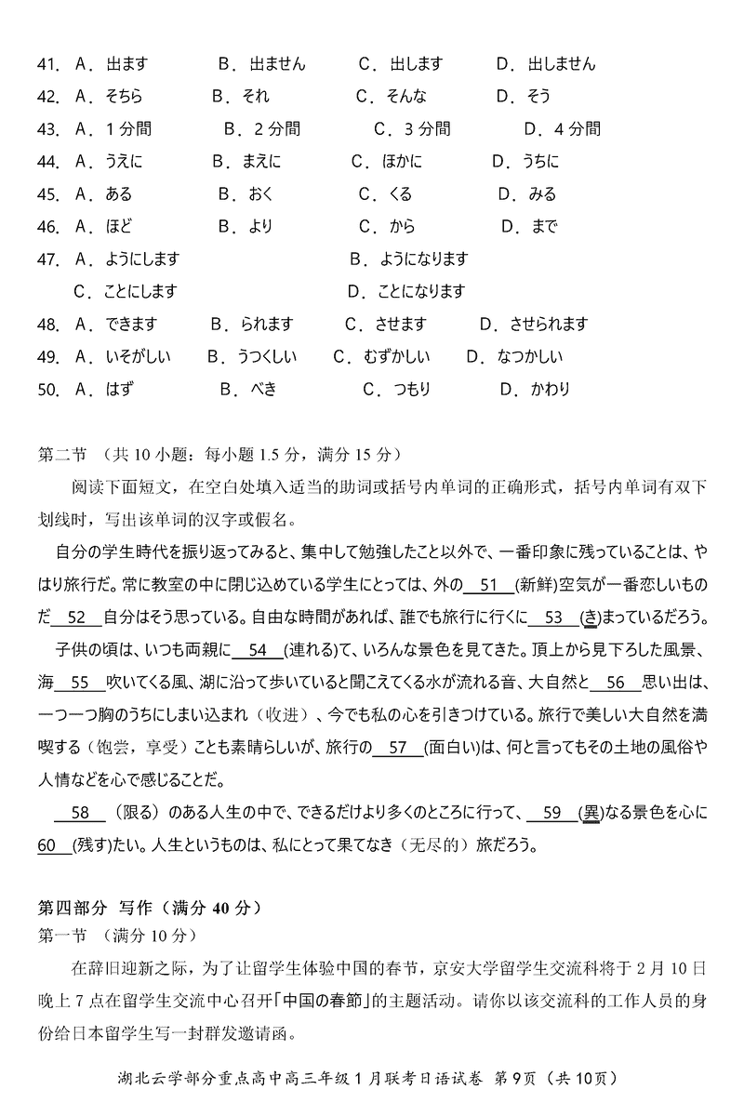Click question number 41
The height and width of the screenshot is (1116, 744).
coord(47,65)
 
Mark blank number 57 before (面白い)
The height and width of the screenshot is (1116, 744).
coord(397,748)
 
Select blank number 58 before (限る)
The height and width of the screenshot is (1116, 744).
coord(80,814)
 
